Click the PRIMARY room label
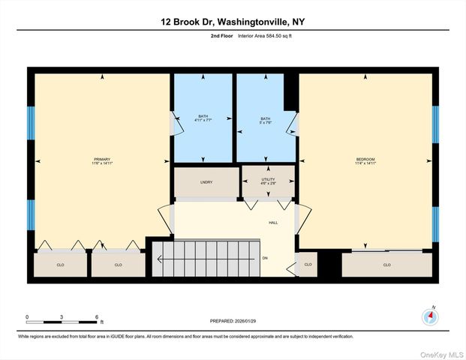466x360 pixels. [x=102, y=160]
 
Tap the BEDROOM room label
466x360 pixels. [x=365, y=160]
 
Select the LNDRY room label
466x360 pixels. [x=206, y=182]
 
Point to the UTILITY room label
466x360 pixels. [x=268, y=180]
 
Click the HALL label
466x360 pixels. [x=274, y=223]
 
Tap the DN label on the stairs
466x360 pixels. [x=264, y=259]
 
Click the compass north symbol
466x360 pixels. [x=430, y=316]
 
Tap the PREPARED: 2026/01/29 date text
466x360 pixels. [x=233, y=321]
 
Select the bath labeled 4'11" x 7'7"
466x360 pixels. [x=203, y=118]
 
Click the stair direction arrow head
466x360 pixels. [x=159, y=259]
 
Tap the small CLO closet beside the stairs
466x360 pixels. [x=307, y=265]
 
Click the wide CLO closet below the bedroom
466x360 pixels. [x=386, y=265]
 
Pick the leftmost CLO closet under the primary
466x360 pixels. [x=61, y=265]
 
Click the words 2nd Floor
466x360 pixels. [x=222, y=35]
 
